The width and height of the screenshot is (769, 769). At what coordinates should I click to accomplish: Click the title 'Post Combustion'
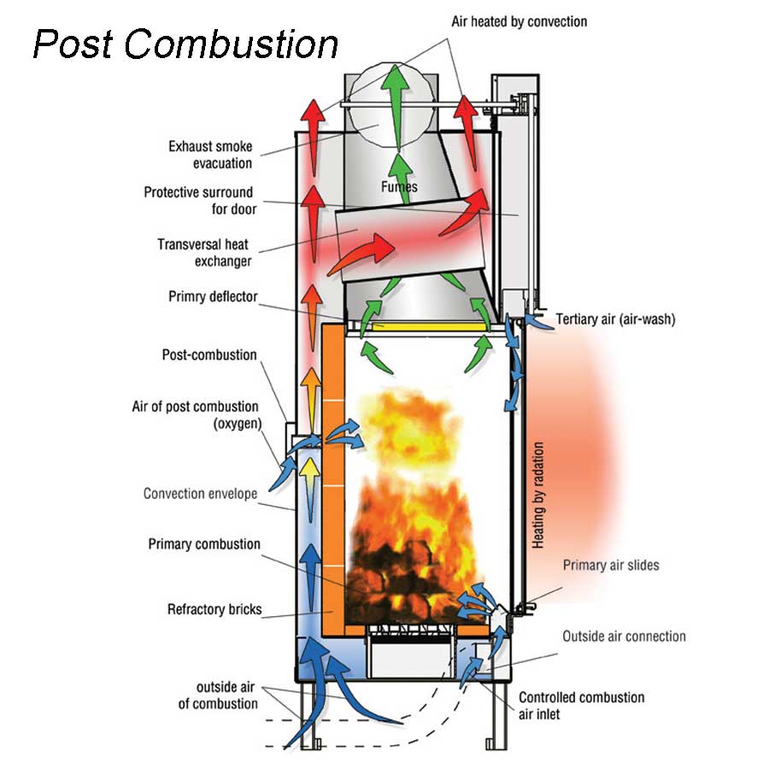(x=185, y=43)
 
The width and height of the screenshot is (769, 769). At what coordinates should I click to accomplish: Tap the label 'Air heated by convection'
(x=519, y=20)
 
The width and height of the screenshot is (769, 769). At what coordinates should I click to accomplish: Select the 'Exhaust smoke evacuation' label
(x=210, y=155)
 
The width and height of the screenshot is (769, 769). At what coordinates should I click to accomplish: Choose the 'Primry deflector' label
(x=213, y=297)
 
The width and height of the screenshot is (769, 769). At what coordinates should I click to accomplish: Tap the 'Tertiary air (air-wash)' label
(x=615, y=320)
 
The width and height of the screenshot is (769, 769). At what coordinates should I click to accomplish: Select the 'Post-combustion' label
(x=209, y=355)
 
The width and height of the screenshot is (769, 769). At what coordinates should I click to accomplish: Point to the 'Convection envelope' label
(x=200, y=493)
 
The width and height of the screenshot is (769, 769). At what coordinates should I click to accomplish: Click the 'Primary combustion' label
(x=204, y=544)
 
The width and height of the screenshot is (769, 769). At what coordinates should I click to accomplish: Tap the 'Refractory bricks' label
(x=214, y=610)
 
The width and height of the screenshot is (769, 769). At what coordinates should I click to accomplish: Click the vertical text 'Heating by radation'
(x=537, y=495)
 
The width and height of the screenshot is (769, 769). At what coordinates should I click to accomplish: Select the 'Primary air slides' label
(x=611, y=565)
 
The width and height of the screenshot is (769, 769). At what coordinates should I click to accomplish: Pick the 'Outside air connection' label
(x=624, y=636)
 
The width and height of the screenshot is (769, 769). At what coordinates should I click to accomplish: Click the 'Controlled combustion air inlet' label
(x=581, y=705)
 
